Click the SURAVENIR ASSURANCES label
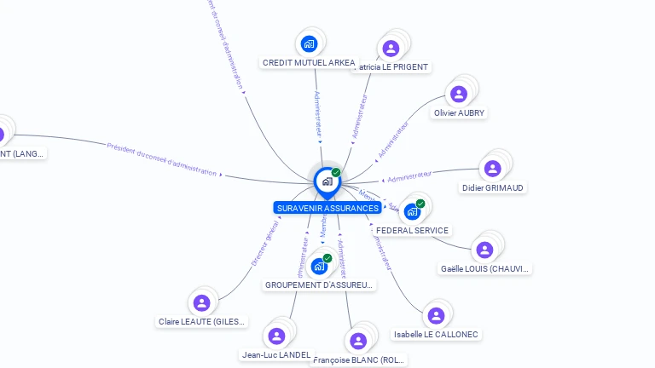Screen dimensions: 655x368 click(327, 208)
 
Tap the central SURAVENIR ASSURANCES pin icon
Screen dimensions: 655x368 click(327, 181)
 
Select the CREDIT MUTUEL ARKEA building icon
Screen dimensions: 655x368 click(309, 43)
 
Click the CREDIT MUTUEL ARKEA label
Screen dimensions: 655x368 click(309, 63)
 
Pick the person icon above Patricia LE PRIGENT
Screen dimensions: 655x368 click(391, 48)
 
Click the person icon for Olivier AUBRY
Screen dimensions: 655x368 click(459, 94)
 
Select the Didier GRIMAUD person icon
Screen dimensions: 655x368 click(492, 168)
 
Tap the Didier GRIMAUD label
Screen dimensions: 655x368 click(493, 187)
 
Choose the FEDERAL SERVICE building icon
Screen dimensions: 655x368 click(413, 211)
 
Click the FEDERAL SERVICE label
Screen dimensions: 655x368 click(413, 231)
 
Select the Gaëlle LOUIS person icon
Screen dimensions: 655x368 click(484, 250)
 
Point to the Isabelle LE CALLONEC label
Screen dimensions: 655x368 click(436, 335)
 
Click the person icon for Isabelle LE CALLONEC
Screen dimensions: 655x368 click(436, 315)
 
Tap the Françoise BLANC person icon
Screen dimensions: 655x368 click(358, 341)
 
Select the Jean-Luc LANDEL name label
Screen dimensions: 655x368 click(276, 354)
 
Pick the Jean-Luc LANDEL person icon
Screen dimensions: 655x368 click(276, 336)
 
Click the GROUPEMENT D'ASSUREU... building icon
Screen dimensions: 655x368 click(320, 266)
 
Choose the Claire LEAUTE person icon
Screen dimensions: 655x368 click(201, 302)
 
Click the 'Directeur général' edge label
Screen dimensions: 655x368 click(264, 244)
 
